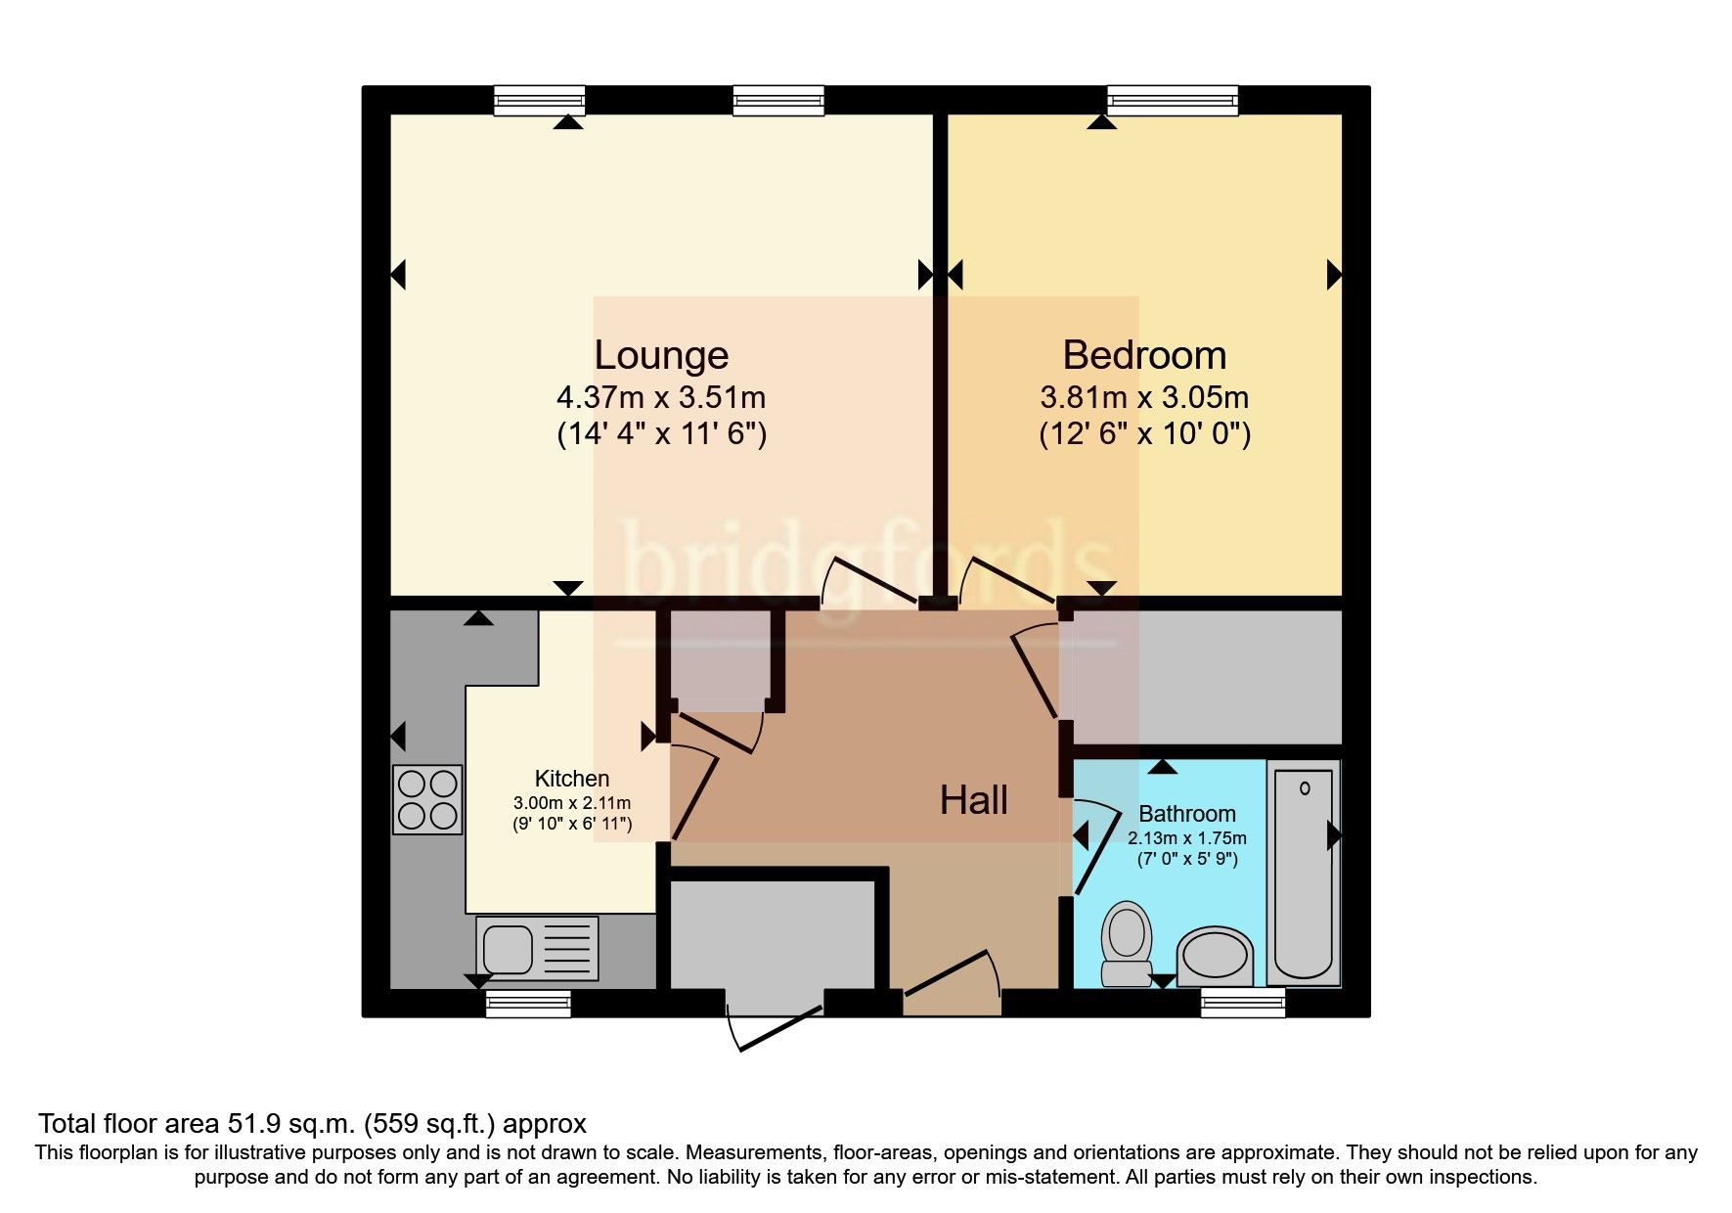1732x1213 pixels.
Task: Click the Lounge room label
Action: [661, 355]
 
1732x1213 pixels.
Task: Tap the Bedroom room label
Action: [1144, 355]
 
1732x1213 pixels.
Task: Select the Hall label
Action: [973, 801]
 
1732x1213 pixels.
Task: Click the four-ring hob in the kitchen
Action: [427, 799]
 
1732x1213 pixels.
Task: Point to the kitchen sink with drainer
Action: [537, 948]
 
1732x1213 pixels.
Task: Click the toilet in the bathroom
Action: [1127, 943]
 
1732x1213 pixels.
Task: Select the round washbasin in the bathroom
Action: [1214, 958]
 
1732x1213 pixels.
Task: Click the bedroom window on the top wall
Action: [1172, 99]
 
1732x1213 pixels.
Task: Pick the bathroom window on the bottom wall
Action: [1243, 1003]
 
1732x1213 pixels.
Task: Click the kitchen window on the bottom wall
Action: [528, 1003]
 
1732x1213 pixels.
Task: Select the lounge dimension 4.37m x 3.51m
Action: [661, 398]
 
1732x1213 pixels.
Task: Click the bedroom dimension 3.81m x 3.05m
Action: [1144, 398]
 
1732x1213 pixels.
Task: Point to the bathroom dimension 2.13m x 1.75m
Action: [1186, 838]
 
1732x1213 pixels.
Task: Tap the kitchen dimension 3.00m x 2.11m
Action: [572, 803]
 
